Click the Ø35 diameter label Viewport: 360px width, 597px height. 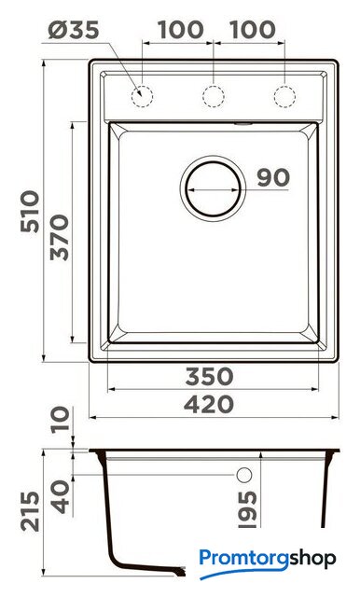click(x=74, y=30)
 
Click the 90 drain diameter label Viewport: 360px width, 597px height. click(x=273, y=177)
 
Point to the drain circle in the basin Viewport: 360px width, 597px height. click(x=186, y=189)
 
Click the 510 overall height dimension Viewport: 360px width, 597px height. click(x=30, y=212)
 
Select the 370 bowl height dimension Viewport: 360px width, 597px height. click(x=60, y=238)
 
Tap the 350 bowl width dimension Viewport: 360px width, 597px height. click(x=209, y=376)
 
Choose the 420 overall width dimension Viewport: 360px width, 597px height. click(x=209, y=404)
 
